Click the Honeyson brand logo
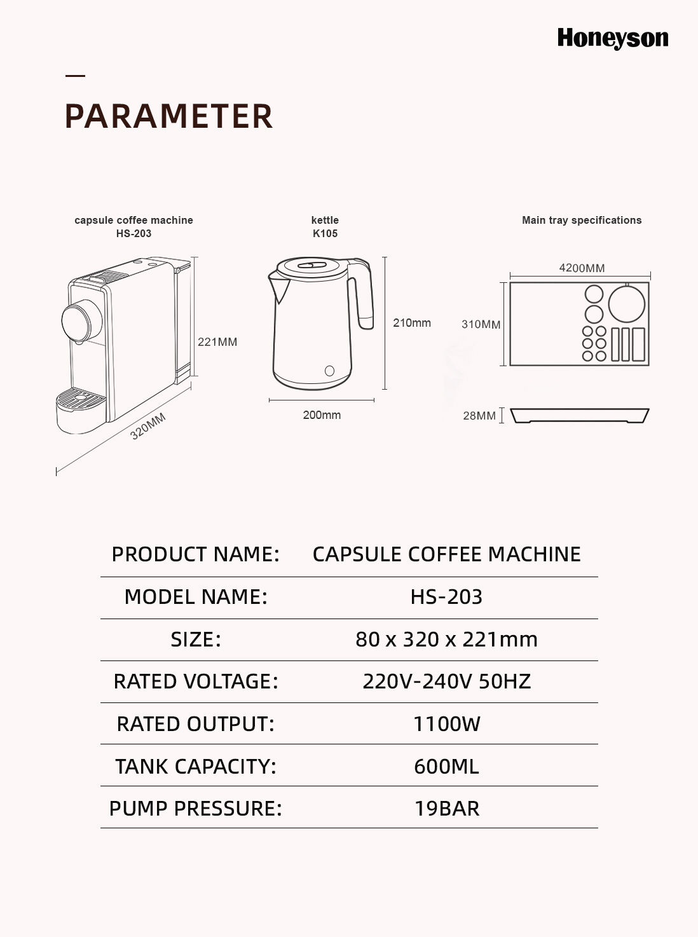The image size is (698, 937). click(613, 39)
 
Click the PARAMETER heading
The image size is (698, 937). click(169, 116)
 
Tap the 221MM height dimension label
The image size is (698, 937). click(217, 342)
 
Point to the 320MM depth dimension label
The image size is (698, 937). click(148, 427)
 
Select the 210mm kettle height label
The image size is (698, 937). click(412, 323)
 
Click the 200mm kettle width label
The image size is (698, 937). click(322, 415)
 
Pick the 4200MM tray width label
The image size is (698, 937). click(582, 268)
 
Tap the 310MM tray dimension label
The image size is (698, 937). click(481, 324)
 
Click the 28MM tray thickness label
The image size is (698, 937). click(479, 416)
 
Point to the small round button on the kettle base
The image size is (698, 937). click(329, 371)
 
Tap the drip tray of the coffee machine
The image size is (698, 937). click(81, 410)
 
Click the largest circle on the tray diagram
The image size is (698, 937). click(627, 304)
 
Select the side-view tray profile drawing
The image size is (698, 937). click(580, 415)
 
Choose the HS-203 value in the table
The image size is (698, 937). click(446, 597)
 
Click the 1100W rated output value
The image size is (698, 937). click(447, 724)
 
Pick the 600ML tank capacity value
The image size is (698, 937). click(447, 767)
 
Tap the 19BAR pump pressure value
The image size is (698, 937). click(447, 809)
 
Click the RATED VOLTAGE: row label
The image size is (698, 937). click(196, 681)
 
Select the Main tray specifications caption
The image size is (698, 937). click(582, 220)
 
